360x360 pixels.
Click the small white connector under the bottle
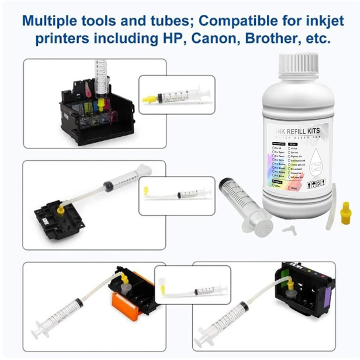286,229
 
